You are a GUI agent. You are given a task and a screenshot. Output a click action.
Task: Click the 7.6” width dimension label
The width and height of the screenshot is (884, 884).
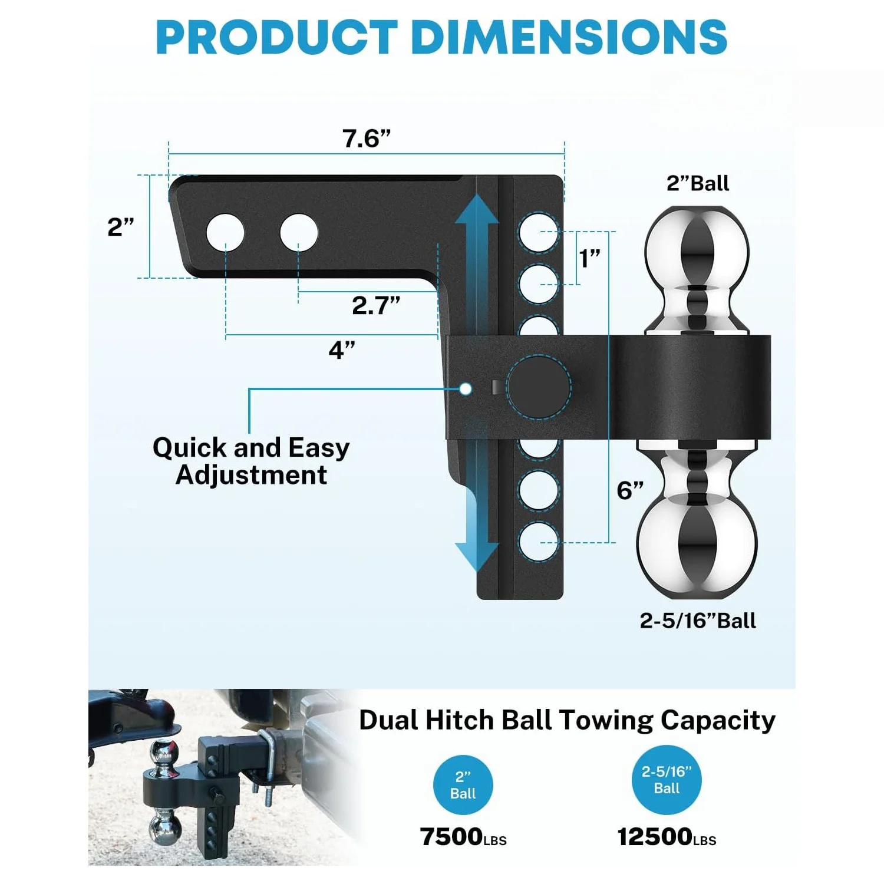pos(367,139)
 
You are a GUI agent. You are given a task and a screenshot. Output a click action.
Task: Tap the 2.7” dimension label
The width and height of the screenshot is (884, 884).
pos(376,305)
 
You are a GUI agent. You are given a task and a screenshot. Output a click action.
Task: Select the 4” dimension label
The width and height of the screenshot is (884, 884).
pos(342,350)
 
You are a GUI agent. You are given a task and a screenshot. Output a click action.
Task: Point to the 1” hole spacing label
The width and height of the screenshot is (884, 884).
pos(589,258)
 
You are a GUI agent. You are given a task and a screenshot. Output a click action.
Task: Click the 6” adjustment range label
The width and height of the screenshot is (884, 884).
pos(630,490)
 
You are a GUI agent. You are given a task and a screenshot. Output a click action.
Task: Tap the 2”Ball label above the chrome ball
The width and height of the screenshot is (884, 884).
pos(698,183)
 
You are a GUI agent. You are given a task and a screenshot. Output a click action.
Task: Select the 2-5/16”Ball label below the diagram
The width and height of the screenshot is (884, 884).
pos(698,621)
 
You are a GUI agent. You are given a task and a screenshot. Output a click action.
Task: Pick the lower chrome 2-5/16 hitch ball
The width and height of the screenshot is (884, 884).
pos(697,542)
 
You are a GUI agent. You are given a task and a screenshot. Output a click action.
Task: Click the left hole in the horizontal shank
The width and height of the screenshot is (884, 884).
pos(225,232)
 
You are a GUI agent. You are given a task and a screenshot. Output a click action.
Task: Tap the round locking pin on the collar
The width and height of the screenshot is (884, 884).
pos(538,387)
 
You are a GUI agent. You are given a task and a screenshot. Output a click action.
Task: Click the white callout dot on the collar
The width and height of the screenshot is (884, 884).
pos(466,389)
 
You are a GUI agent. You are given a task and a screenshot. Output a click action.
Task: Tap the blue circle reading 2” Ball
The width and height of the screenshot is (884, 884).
pos(463,785)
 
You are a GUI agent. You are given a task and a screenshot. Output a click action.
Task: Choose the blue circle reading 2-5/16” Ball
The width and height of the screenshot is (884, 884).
pos(667,780)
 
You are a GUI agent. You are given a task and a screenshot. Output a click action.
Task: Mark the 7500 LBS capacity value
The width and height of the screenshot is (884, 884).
pos(463,837)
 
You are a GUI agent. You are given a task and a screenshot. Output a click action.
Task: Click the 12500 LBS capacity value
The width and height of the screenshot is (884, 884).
pos(667,837)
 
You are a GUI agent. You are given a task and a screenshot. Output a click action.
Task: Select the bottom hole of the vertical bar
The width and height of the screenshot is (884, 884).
pos(539,541)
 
